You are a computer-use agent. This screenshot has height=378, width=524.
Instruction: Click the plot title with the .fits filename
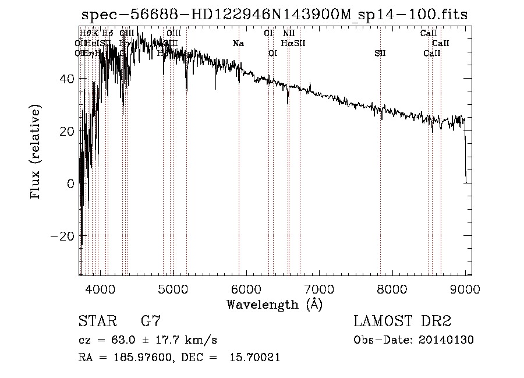tap(274, 15)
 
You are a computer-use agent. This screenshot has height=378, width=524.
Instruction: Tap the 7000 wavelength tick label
tap(319, 288)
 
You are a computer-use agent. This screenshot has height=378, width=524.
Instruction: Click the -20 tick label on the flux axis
tap(63, 236)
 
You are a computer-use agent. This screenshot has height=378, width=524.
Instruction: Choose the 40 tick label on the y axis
tap(67, 79)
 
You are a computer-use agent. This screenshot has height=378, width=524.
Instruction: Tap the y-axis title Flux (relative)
tap(36, 153)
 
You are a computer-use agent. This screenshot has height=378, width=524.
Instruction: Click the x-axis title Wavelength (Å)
tap(274, 304)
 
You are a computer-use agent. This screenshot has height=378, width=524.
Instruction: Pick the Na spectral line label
tap(238, 43)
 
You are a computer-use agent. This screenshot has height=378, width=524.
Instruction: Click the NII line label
tap(289, 33)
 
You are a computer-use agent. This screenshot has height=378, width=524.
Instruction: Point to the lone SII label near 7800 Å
tap(380, 54)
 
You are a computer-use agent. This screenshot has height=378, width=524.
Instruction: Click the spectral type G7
tap(150, 322)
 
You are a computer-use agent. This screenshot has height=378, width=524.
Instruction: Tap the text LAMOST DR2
tap(402, 322)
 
